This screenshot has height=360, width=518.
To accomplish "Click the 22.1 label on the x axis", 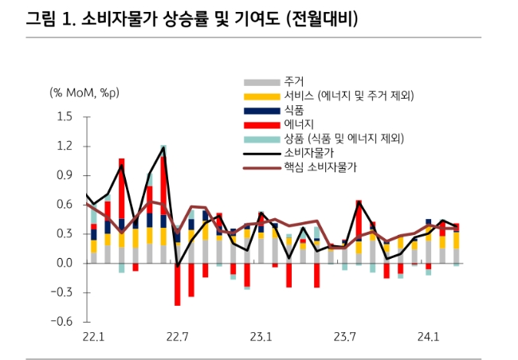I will tap(94, 337).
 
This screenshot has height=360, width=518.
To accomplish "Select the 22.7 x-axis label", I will tap(178, 337).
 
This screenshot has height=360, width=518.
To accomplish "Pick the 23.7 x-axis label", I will tap(345, 337).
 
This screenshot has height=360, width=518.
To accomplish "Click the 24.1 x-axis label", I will tap(429, 337).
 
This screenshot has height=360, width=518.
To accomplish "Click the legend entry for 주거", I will tap(293, 82).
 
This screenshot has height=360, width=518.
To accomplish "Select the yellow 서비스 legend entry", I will tap(261, 96).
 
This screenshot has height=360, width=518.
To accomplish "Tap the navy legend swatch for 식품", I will tap(261, 110).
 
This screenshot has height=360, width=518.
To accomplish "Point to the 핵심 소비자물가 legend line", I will tap(261, 167).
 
